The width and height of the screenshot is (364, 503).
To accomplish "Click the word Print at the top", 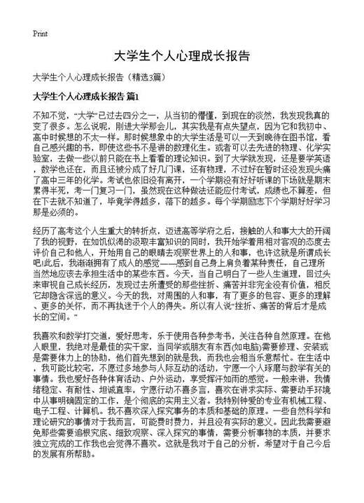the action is [40, 33].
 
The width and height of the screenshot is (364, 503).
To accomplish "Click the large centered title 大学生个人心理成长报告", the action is [181, 55].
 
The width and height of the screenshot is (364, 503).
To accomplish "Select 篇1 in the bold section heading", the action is [134, 95].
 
